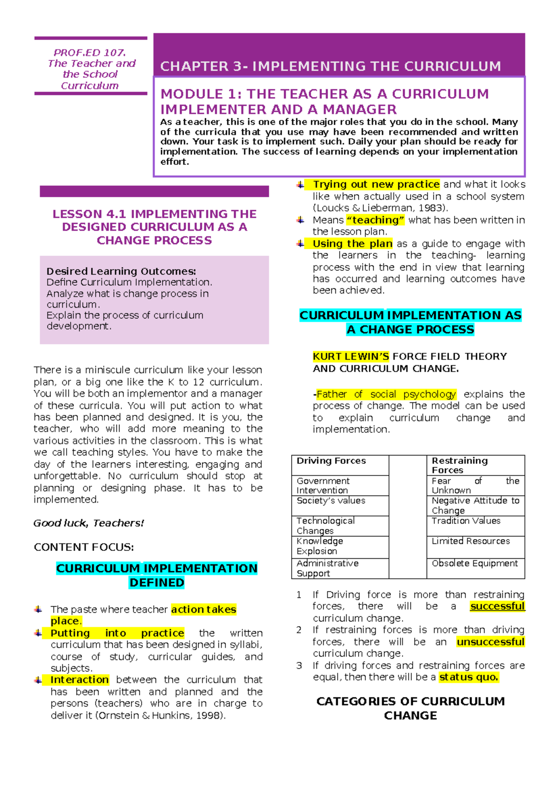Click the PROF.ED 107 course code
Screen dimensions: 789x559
tap(89, 53)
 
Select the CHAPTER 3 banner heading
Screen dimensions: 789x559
tap(330, 66)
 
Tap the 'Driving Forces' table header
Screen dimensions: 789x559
tap(331, 461)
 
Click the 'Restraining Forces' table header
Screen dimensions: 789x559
tap(459, 465)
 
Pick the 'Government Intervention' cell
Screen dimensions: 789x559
tap(323, 485)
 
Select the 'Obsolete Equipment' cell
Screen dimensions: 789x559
tap(474, 563)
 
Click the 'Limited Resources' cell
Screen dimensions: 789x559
tap(470, 541)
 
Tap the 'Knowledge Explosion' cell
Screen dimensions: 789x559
tap(320, 546)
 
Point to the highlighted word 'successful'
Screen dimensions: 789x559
tap(497, 606)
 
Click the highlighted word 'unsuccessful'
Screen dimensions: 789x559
tap(491, 642)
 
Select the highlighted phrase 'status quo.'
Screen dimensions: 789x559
tap(469, 677)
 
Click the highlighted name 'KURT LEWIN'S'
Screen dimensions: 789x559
tap(351, 356)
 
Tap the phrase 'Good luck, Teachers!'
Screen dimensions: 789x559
tap(89, 523)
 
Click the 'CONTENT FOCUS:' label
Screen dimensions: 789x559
tap(83, 547)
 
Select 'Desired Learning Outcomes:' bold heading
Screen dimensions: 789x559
tap(121, 271)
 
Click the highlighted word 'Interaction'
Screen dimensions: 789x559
tap(80, 680)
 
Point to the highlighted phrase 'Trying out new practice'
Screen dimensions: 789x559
tap(376, 184)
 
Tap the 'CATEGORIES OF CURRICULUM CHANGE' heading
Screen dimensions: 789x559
tap(410, 708)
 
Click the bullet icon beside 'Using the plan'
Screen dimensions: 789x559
tap(300, 243)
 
